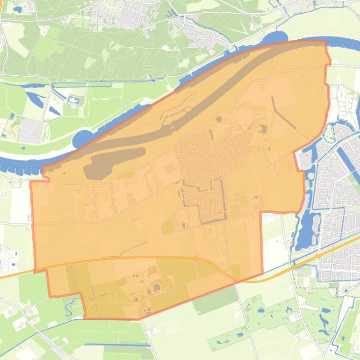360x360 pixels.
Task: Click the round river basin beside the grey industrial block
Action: point(82,139)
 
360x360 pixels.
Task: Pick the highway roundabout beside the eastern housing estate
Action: point(318,256)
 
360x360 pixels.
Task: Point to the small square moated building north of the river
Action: point(73,100)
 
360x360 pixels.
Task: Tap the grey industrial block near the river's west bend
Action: point(32,130)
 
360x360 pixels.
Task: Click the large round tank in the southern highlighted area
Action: point(157,287)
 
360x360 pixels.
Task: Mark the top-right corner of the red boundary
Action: point(325,42)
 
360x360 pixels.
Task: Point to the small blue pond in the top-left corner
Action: point(19,9)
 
